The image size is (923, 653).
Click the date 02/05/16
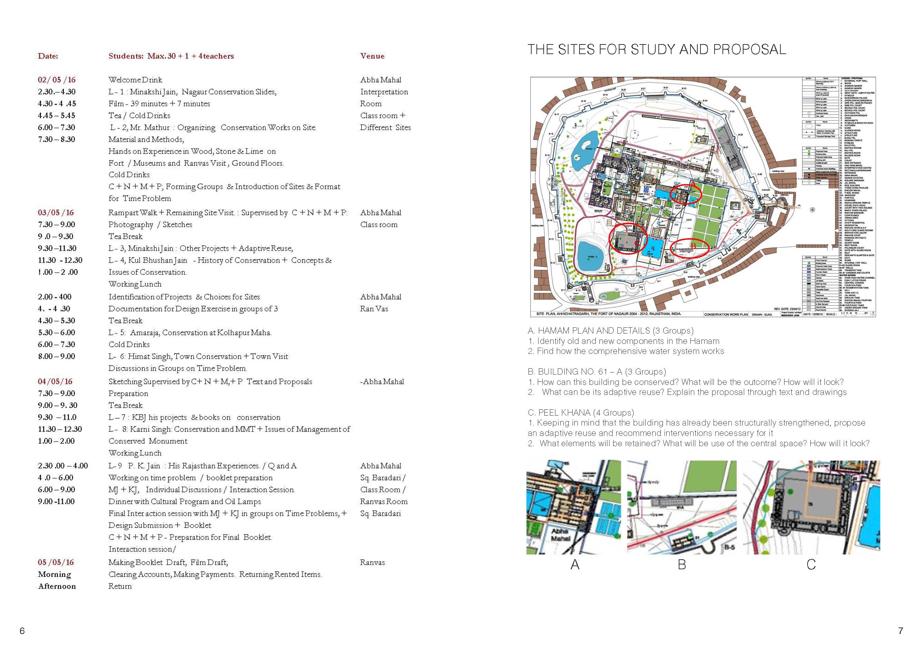[x=57, y=80]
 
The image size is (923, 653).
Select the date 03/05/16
[x=56, y=212]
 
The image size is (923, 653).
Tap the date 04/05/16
[x=55, y=381]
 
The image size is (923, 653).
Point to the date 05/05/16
[x=56, y=562]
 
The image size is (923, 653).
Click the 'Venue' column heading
[x=372, y=56]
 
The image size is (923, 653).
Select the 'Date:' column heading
[x=48, y=56]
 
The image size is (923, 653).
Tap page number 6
[x=22, y=631]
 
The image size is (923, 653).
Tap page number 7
[x=901, y=631]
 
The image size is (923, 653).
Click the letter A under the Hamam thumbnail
[x=575, y=564]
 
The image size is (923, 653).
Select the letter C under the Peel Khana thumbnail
[x=811, y=564]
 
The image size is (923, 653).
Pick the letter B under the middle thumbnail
[x=682, y=564]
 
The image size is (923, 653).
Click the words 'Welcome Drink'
[x=135, y=80]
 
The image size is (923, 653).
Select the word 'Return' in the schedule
[x=120, y=586]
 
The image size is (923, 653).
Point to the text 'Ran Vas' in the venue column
[x=374, y=308]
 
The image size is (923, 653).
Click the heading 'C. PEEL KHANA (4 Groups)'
[x=581, y=412]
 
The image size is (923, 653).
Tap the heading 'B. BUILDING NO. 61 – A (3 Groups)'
[x=597, y=371]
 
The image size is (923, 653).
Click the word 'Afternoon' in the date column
[x=57, y=586]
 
